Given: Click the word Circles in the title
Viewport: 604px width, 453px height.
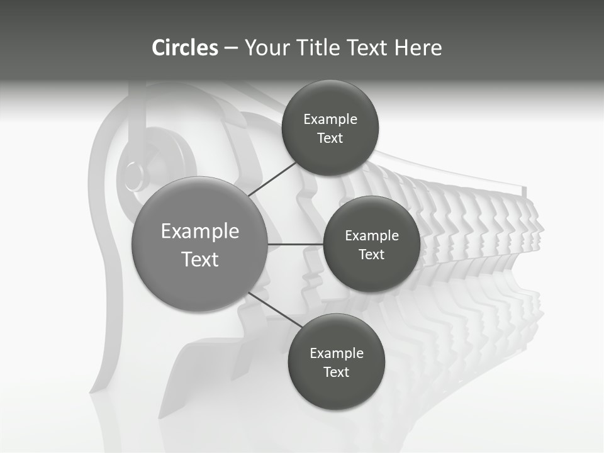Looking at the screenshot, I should tap(184, 48).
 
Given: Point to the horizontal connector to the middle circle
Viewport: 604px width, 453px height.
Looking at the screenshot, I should tap(296, 244).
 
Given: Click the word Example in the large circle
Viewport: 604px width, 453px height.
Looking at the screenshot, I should tap(200, 232).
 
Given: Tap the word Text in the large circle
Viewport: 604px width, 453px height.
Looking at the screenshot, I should tap(200, 259).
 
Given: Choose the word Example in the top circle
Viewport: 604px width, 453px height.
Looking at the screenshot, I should tap(330, 120).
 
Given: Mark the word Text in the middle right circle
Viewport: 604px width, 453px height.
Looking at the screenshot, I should tap(371, 255).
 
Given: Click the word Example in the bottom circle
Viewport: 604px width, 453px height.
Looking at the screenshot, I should tap(337, 354).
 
